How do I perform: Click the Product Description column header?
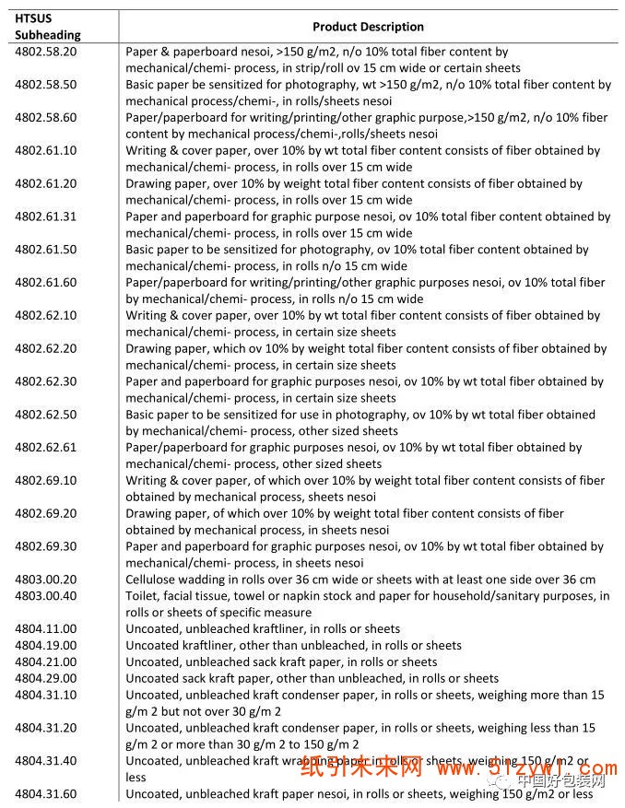click(x=368, y=27)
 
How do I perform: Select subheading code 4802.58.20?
click(x=46, y=52)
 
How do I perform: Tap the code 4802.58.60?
click(x=46, y=117)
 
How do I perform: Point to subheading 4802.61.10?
click(x=46, y=150)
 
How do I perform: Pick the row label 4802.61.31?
click(x=46, y=217)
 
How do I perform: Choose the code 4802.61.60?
click(x=46, y=282)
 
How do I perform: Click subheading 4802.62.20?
click(x=46, y=348)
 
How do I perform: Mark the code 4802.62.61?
click(x=46, y=447)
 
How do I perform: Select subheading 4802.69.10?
click(x=46, y=480)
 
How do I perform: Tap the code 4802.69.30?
click(x=46, y=546)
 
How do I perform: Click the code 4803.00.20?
click(x=46, y=580)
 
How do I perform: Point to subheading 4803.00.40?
click(x=46, y=596)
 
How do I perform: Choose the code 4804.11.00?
click(x=46, y=629)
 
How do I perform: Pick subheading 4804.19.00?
click(x=46, y=646)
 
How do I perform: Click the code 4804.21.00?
click(x=46, y=662)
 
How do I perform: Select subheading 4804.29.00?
click(x=46, y=678)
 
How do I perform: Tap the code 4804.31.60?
click(x=46, y=794)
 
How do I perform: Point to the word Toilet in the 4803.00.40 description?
click(x=142, y=596)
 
